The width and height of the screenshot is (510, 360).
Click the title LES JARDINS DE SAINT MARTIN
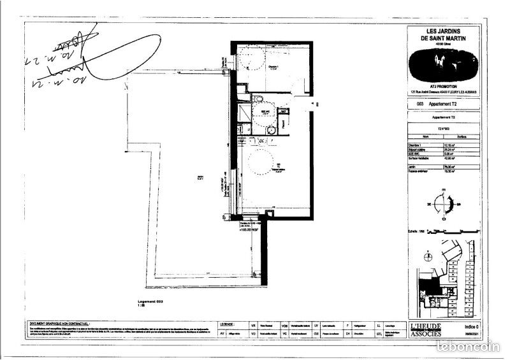coord(444,34)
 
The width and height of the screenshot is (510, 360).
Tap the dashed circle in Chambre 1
coord(254,59)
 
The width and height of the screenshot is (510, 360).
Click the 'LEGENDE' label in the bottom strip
coord(231,324)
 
